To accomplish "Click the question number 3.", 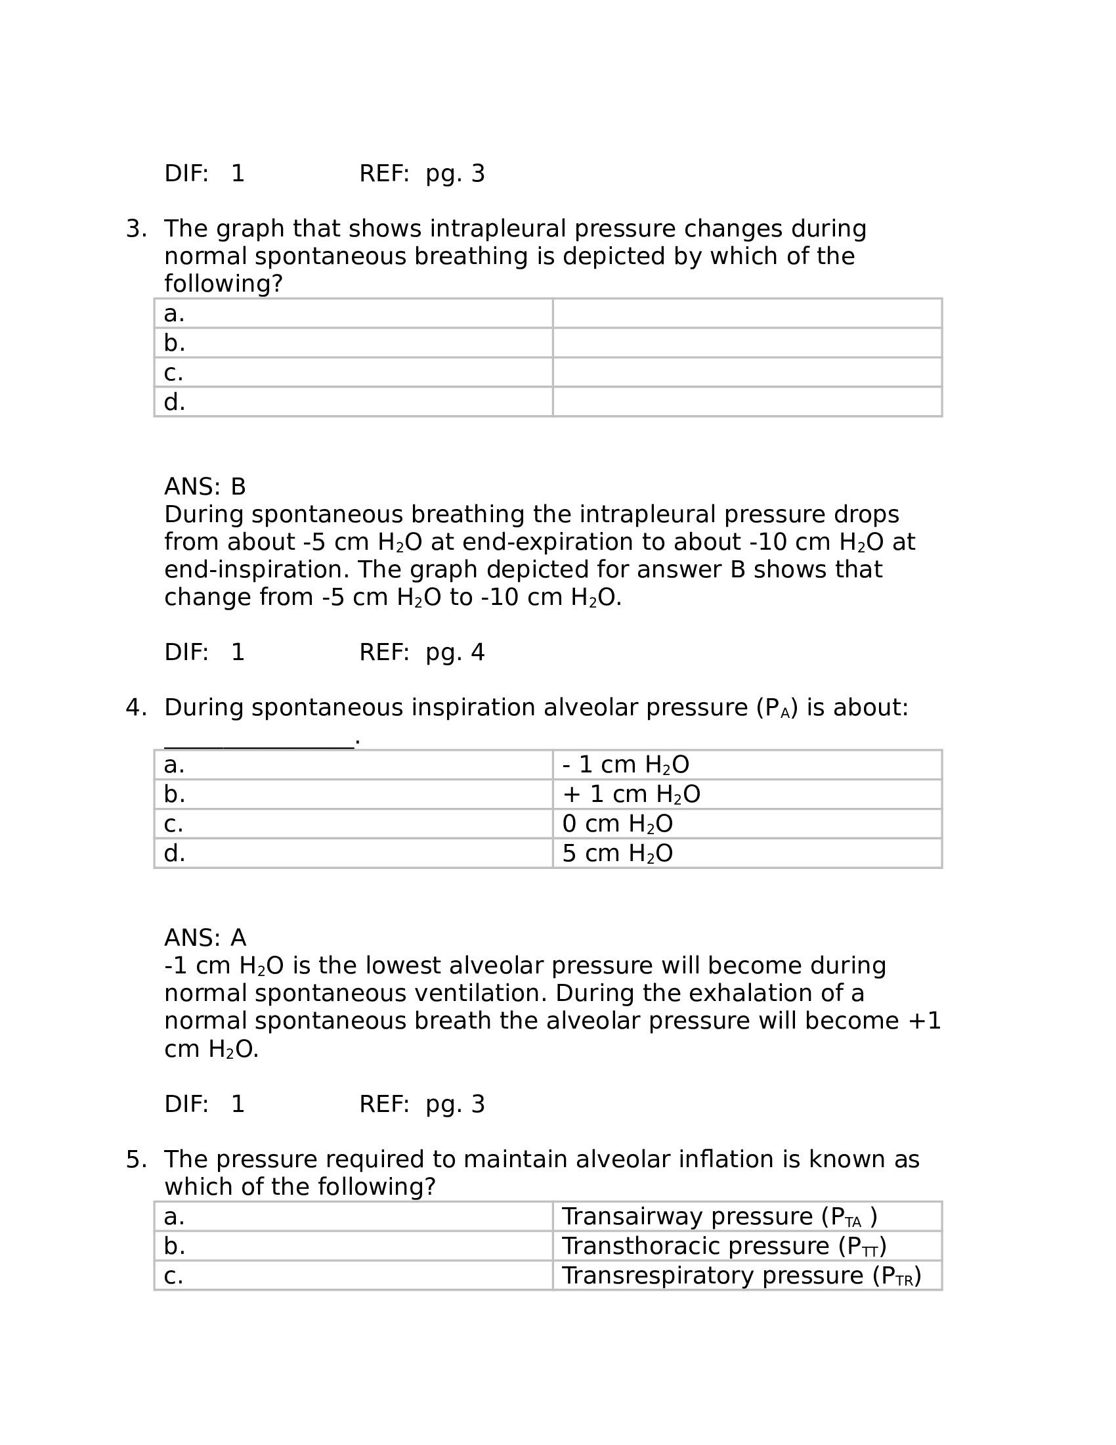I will (135, 229).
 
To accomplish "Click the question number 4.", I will (135, 708).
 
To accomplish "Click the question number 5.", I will (135, 1159).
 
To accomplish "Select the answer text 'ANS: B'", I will (205, 487).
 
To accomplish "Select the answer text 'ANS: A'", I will (205, 938).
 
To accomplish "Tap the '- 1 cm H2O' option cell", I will (626, 765).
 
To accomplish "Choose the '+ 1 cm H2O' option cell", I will (631, 794).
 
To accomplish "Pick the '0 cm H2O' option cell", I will (618, 824).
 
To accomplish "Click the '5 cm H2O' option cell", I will (618, 853).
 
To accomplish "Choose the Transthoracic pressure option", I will (723, 1246).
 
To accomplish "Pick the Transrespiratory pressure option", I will (740, 1276).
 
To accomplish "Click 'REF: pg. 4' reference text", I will (422, 653).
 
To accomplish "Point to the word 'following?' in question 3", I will (223, 284).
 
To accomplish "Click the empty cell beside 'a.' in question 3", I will (747, 313).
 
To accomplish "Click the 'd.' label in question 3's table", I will (175, 402).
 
